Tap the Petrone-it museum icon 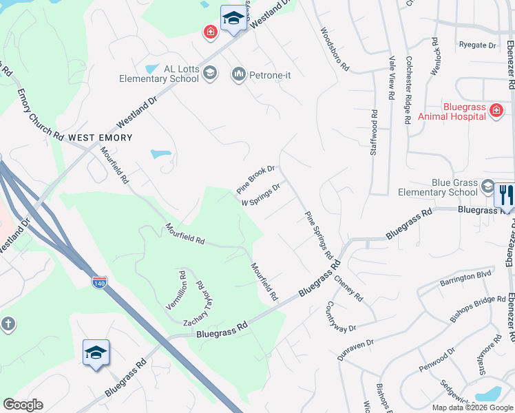(x=239, y=74)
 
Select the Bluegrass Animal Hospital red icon (x=496, y=110)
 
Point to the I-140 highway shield (x=100, y=282)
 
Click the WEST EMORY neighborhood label (x=100, y=138)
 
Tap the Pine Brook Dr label (x=255, y=179)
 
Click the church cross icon (x=8, y=324)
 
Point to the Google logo (x=23, y=405)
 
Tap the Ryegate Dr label (x=477, y=45)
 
